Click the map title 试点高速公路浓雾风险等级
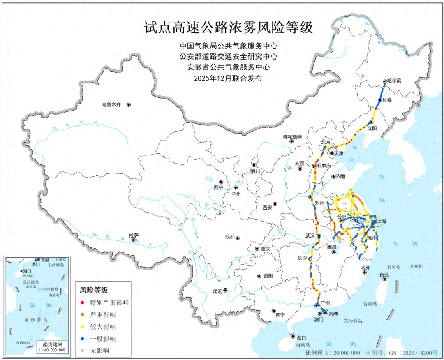click(228, 28)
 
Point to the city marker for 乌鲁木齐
click(129, 105)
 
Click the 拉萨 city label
click(134, 235)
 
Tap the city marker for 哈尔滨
click(385, 81)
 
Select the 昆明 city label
click(217, 291)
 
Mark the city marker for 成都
click(237, 238)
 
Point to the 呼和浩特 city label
click(292, 137)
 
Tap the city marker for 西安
click(275, 204)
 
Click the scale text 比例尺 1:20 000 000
click(333, 353)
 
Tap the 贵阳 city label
click(267, 276)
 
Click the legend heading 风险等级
click(94, 290)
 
